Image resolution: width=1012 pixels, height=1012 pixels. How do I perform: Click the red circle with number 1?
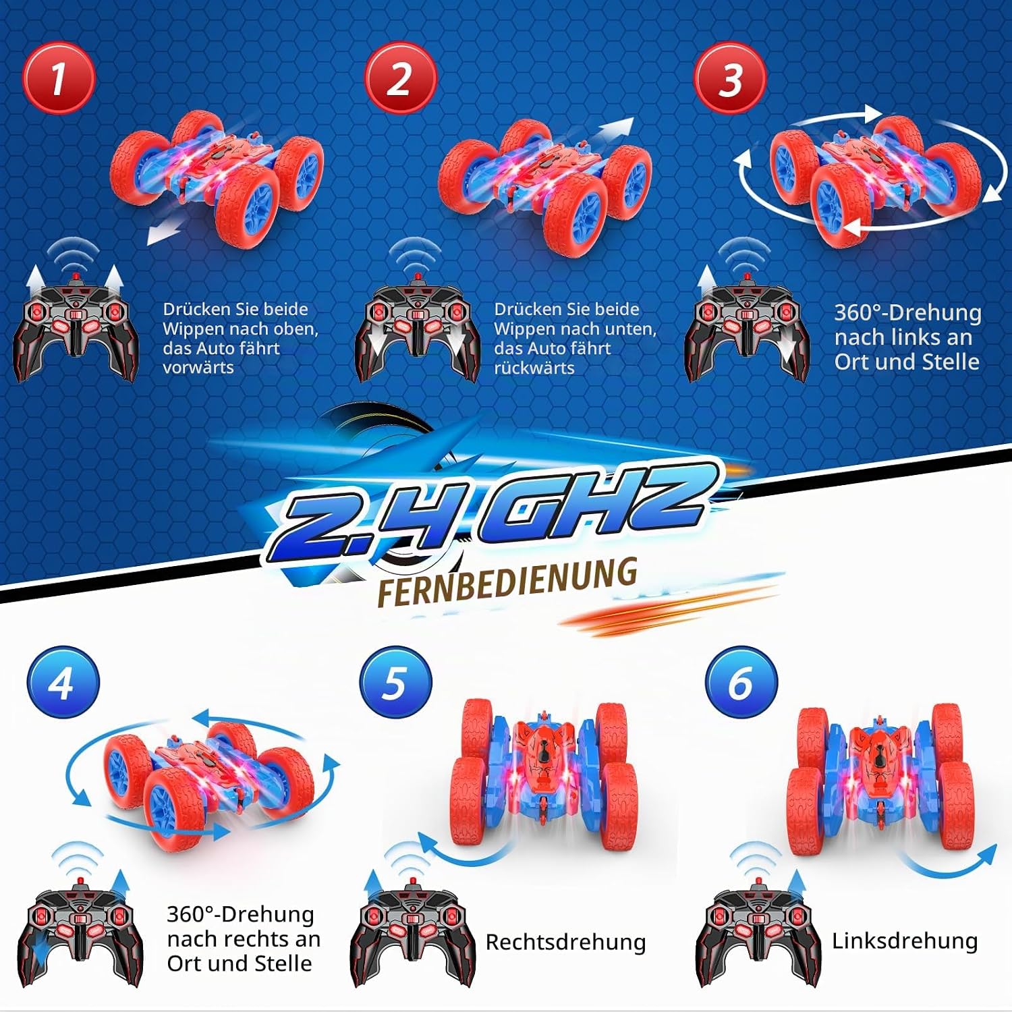(x=58, y=78)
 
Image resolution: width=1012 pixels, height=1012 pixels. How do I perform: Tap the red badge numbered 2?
(x=400, y=78)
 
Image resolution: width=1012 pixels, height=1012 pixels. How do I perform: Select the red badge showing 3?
(x=730, y=78)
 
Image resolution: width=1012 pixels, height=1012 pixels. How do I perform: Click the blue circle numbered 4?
(x=63, y=682)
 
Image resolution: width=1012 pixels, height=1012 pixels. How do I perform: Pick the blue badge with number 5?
(x=395, y=682)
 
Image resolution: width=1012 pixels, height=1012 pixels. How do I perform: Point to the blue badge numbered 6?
(x=741, y=682)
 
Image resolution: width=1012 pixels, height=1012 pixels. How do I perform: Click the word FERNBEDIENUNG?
(x=507, y=581)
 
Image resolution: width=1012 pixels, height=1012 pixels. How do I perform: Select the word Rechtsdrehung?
(x=565, y=942)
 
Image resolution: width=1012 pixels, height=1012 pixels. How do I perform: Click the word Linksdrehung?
(x=905, y=940)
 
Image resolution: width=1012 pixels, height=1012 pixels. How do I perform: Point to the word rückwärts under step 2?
(x=534, y=368)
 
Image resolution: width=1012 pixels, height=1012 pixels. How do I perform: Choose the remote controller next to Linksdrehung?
(x=758, y=931)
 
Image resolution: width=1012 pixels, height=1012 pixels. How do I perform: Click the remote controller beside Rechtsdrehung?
(x=413, y=931)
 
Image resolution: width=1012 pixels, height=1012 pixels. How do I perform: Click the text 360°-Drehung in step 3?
(x=907, y=312)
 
